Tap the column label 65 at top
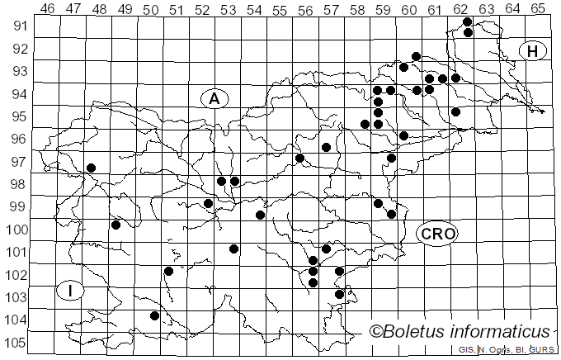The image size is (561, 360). coord(538,8)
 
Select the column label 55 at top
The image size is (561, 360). coord(280,8)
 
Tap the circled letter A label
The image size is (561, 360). coord(214,98)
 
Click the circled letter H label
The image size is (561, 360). coord(533,51)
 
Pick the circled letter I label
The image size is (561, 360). coord(72,290)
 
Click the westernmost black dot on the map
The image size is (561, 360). coord(92,168)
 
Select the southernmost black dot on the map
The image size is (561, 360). coord(154,315)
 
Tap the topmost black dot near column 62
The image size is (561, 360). coord(468,21)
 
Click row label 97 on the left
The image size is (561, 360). coord(18,162)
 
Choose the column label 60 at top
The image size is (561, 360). coord(408,8)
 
